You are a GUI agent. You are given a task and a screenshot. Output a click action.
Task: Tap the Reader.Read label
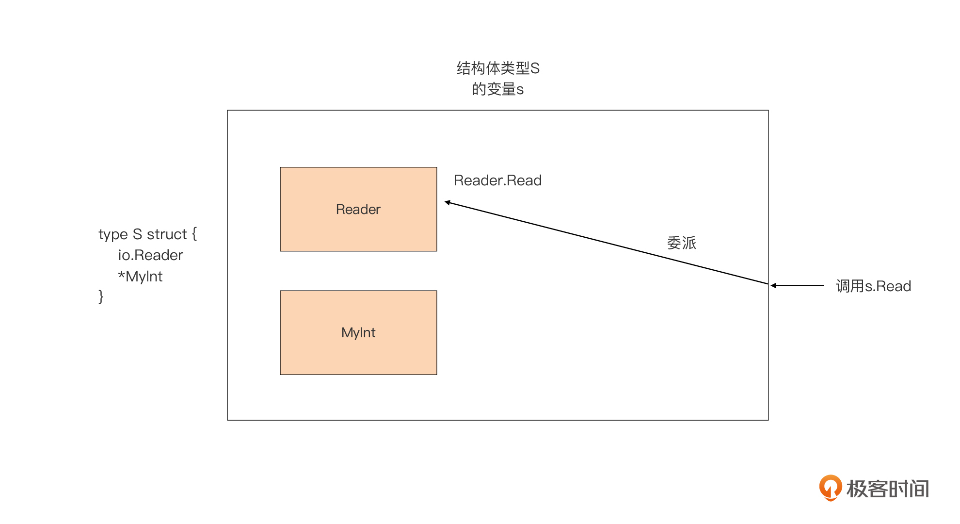point(497,180)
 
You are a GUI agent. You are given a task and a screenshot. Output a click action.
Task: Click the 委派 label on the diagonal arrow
point(681,243)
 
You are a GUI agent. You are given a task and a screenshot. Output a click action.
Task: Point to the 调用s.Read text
point(873,286)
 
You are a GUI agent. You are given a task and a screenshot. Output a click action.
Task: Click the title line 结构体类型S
point(498,68)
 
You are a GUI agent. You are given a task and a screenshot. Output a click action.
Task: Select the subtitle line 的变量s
point(498,89)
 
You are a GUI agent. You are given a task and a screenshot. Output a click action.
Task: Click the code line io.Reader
point(150,255)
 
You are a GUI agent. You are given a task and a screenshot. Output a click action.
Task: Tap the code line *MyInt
point(140,277)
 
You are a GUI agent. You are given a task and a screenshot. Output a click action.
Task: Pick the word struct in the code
point(166,234)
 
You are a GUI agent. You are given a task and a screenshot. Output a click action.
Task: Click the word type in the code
point(113,235)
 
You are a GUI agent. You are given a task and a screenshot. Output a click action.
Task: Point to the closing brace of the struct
point(101,296)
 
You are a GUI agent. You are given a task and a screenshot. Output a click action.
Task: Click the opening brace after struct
point(194,234)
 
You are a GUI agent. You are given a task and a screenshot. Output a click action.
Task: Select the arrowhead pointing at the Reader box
point(448,202)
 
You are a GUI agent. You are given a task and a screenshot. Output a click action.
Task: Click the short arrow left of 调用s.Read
point(798,286)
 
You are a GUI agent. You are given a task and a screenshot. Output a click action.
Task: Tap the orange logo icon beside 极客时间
point(830,487)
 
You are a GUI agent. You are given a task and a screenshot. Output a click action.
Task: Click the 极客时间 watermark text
point(887,489)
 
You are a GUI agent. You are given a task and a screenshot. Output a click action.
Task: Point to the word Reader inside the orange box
point(358,210)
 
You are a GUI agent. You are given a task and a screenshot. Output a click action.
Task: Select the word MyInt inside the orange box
point(358,333)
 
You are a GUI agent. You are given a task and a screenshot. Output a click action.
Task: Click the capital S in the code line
point(137,234)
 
